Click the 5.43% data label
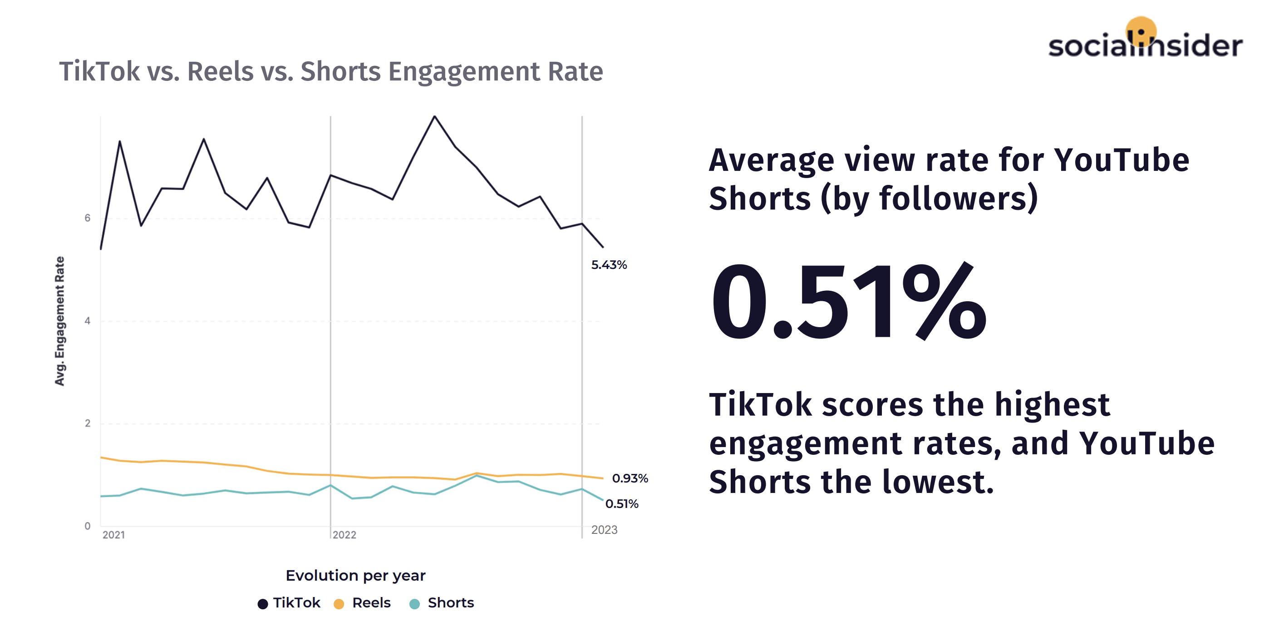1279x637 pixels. click(x=609, y=265)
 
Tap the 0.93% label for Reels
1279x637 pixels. click(x=630, y=478)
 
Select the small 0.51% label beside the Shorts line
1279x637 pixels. click(x=622, y=504)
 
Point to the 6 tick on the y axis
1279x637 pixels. click(x=88, y=218)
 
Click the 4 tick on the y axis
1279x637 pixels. click(x=88, y=321)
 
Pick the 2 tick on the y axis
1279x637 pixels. click(x=88, y=423)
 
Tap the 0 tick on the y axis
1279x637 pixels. click(x=88, y=526)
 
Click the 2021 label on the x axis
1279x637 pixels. click(x=114, y=535)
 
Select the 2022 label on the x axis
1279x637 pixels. click(x=344, y=535)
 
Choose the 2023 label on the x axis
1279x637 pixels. click(x=604, y=530)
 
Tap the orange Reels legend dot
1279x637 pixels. click(x=339, y=604)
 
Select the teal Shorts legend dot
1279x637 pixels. click(x=414, y=604)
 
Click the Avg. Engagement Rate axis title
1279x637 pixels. click(x=59, y=321)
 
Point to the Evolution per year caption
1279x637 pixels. click(x=355, y=575)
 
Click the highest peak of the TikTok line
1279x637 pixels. click(x=434, y=117)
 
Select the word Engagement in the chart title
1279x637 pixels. click(x=464, y=71)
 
